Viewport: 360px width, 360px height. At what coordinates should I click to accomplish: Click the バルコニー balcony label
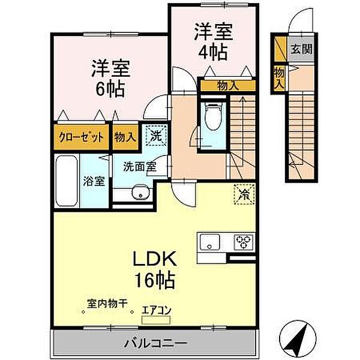point(155,343)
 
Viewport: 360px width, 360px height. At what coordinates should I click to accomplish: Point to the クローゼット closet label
point(81,137)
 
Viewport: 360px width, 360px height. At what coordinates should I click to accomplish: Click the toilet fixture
point(212,118)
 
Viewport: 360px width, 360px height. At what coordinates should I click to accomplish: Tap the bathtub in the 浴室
point(65,181)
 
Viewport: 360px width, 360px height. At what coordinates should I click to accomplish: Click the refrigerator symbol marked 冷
point(244,194)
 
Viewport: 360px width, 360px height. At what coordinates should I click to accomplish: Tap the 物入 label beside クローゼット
point(124,137)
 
